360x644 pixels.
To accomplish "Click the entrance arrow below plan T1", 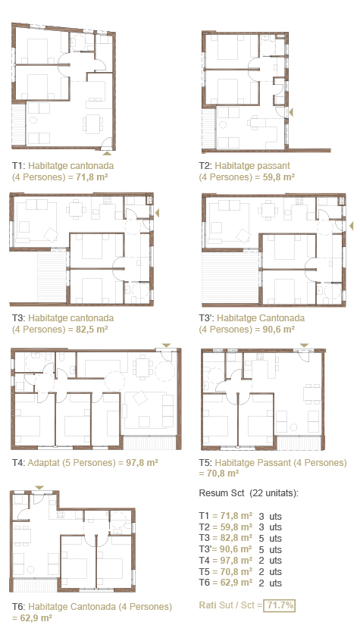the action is (x=107, y=153).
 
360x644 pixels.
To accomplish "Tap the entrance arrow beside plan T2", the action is (x=291, y=111).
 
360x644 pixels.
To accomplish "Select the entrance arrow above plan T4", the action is (x=166, y=345).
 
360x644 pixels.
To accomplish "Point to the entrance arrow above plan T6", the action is (x=39, y=487).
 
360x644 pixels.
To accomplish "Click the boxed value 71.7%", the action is (x=280, y=605).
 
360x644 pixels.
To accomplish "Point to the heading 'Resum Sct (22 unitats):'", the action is (x=249, y=493).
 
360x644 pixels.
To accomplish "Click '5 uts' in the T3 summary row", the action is (x=270, y=539).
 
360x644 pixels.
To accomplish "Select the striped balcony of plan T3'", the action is (x=230, y=277).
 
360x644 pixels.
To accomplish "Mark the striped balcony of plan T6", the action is (x=36, y=584).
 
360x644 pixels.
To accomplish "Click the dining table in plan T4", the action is (x=142, y=367).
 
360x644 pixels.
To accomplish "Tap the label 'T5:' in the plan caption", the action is (x=205, y=463).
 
